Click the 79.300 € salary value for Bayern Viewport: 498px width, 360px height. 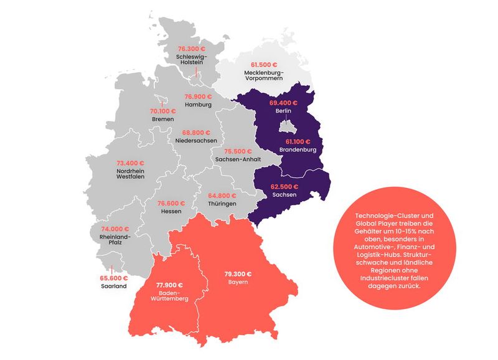(x=239, y=273)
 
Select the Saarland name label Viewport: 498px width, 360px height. (x=113, y=287)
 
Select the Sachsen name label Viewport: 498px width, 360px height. (x=284, y=195)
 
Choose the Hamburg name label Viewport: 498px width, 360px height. (x=198, y=105)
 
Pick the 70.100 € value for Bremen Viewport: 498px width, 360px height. (x=163, y=111)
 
